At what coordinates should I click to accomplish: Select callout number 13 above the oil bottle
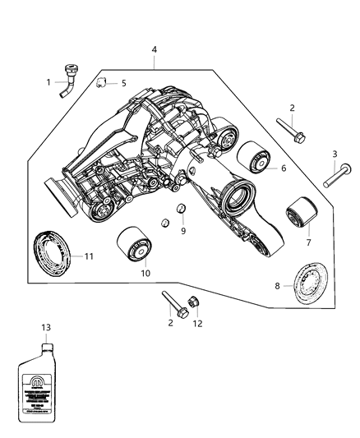tap(46, 327)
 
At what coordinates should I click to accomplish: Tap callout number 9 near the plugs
tap(183, 231)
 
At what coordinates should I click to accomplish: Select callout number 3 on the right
tap(334, 154)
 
